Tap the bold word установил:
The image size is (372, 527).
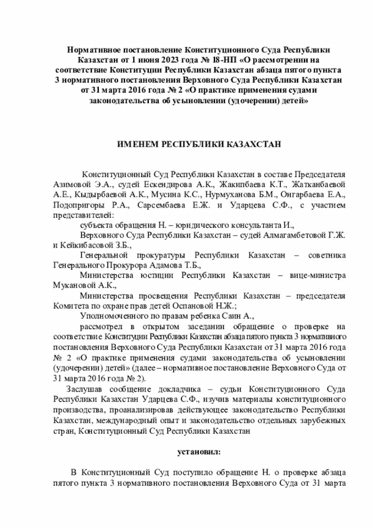pos(199,451)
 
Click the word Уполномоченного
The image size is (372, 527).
pos(117,315)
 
